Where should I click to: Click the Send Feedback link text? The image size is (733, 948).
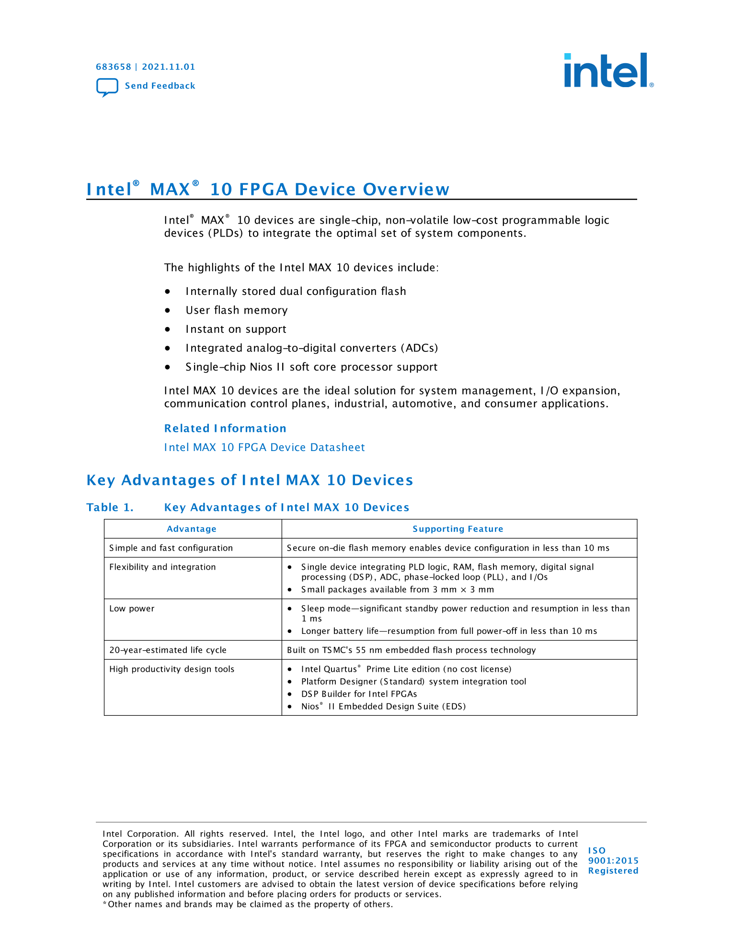point(160,86)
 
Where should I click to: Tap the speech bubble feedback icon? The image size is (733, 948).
point(107,87)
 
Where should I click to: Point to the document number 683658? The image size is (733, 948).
point(114,67)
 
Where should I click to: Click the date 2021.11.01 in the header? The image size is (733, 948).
point(169,67)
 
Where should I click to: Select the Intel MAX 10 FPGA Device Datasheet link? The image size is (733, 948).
point(264,447)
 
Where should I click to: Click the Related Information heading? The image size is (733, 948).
point(225,429)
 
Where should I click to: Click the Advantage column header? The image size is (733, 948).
point(192,529)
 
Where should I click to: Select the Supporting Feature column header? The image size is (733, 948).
point(458,529)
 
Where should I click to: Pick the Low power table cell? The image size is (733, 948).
point(132,609)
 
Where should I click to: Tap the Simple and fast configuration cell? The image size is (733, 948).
point(171,548)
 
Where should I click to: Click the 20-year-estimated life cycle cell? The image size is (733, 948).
point(168,650)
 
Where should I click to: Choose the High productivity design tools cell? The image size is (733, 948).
point(172,669)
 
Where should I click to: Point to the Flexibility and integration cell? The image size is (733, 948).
point(162,567)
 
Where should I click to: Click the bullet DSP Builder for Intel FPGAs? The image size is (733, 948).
point(359,694)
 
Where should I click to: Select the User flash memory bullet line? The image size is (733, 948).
point(237,310)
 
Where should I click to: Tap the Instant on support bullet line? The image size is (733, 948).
point(236,329)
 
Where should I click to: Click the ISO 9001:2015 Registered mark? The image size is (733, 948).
point(613,860)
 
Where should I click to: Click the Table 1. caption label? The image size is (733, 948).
point(110,508)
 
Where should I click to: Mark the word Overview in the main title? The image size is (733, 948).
point(406,190)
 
